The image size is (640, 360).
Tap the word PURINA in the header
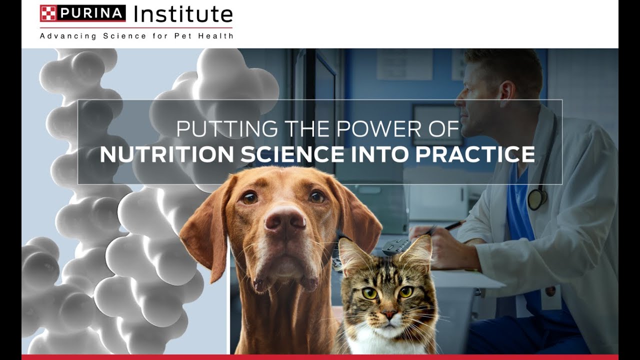(90, 13)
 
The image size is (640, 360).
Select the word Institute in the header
(183, 14)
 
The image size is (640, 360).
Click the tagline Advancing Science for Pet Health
(136, 36)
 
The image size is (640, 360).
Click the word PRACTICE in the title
(475, 154)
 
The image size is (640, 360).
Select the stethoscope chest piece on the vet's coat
(536, 199)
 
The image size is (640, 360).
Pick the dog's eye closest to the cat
(316, 197)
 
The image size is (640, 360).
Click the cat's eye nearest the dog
(370, 293)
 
